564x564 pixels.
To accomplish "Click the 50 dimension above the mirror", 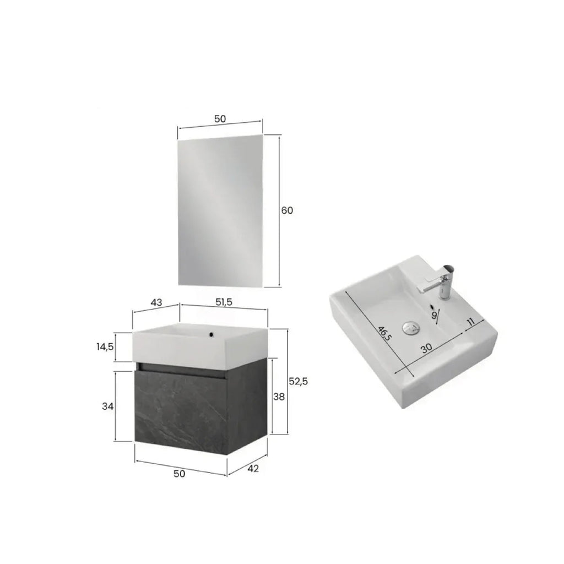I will [x=220, y=119].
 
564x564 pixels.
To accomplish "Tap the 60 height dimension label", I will [x=288, y=210].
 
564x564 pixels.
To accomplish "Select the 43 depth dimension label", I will [x=156, y=303].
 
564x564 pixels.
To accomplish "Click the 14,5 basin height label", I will [x=104, y=348].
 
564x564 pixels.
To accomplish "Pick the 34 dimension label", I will [x=107, y=406].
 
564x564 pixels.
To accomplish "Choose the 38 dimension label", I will [x=279, y=396].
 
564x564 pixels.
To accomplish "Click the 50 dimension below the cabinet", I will [x=180, y=473].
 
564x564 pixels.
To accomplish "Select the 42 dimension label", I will [x=253, y=468].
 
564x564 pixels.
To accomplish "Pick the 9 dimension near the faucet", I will [x=434, y=314].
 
